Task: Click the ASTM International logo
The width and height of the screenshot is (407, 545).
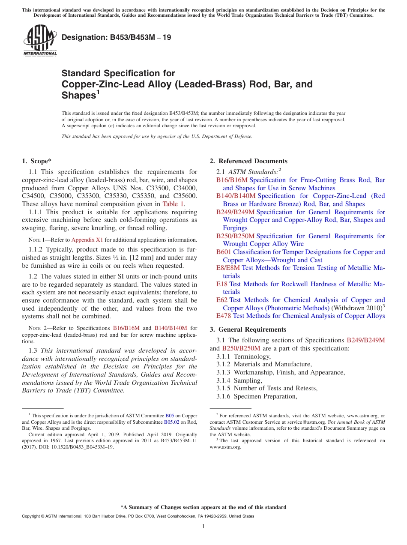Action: (x=40, y=40)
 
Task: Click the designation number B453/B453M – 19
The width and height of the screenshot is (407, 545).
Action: (x=117, y=37)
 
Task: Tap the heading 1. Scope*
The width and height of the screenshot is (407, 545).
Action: (x=36, y=161)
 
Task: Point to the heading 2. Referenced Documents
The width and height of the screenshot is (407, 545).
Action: (x=248, y=161)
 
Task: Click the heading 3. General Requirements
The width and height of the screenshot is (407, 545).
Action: (x=248, y=329)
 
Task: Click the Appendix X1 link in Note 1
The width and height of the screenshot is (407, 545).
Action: (x=87, y=240)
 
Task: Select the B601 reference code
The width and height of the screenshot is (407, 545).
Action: (x=224, y=252)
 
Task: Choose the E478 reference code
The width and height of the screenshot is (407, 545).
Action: (x=224, y=316)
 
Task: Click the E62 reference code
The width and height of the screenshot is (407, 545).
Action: (x=221, y=300)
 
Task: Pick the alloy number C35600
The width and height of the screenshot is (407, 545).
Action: (x=185, y=196)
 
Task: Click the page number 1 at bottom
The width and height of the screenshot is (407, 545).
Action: (x=203, y=527)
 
